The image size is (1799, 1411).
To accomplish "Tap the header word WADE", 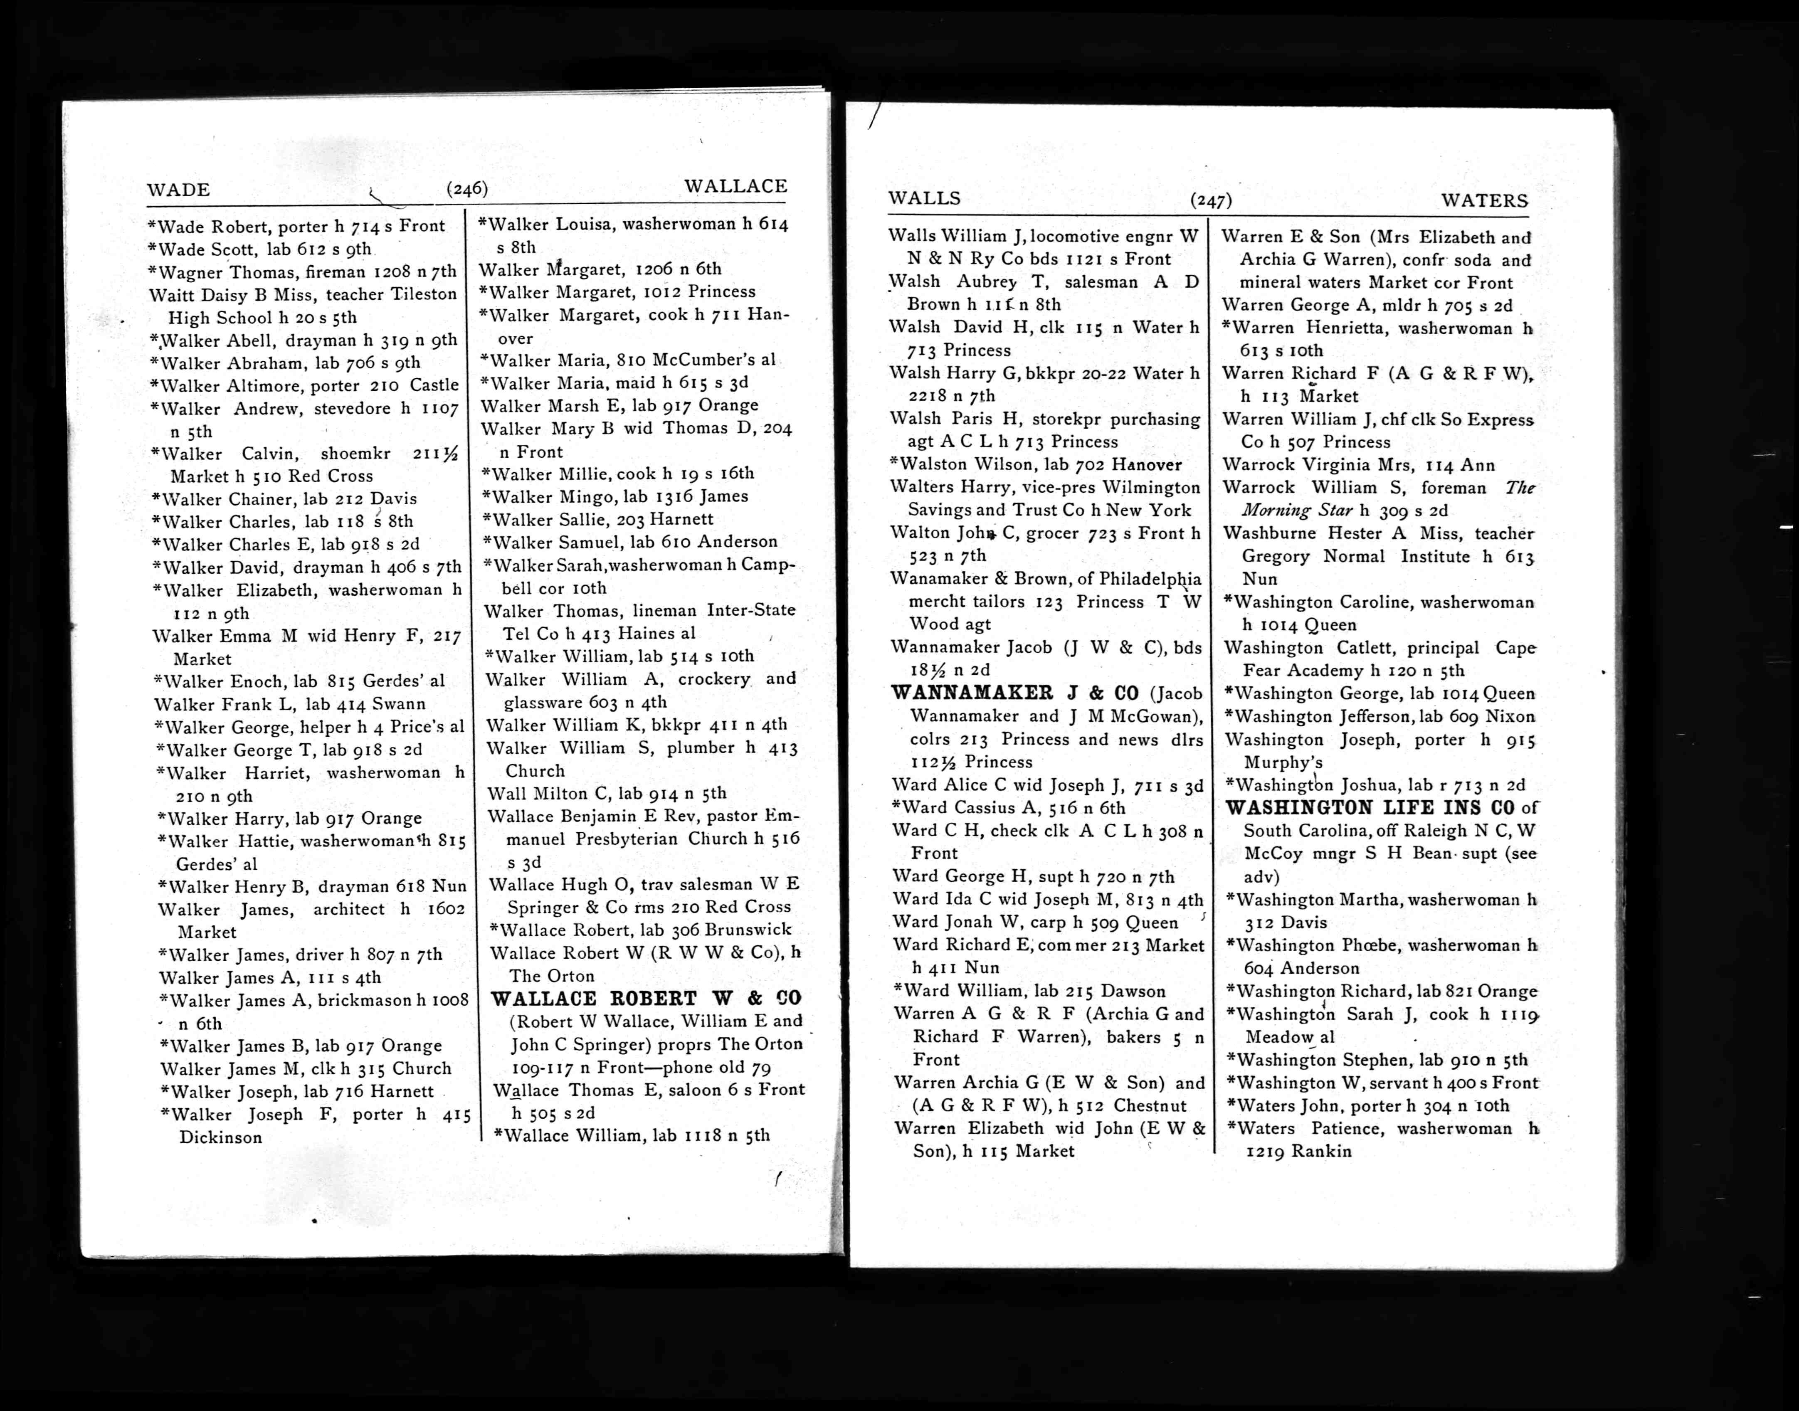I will pyautogui.click(x=178, y=190).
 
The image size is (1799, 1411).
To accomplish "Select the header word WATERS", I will pyautogui.click(x=1484, y=201).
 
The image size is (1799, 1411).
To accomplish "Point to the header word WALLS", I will pyautogui.click(x=924, y=198).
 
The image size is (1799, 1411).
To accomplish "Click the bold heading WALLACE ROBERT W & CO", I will pyautogui.click(x=646, y=998).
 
